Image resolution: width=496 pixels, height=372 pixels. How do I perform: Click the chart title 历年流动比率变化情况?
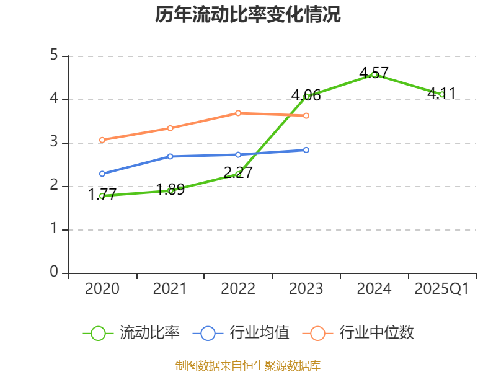click(248, 15)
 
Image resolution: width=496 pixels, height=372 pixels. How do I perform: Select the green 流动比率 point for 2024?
click(374, 74)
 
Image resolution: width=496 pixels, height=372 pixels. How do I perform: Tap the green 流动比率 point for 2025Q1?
click(441, 94)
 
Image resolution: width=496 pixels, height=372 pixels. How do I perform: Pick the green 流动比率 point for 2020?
click(102, 196)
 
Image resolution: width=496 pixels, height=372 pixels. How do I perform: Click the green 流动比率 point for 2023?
click(306, 96)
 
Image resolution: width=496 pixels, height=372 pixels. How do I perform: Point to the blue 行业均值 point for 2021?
click(170, 156)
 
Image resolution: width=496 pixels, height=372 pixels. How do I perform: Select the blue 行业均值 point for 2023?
click(306, 149)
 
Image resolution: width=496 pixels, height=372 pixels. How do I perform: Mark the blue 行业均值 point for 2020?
click(102, 174)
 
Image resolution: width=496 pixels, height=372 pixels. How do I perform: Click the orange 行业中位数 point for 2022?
click(238, 113)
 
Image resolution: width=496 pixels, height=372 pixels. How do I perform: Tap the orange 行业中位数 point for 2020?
click(102, 140)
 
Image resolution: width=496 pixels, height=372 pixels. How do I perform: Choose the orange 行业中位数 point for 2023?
click(306, 116)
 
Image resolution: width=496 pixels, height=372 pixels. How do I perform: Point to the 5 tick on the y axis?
click(54, 56)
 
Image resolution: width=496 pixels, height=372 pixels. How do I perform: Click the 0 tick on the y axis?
click(54, 273)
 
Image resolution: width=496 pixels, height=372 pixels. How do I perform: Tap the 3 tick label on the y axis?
click(54, 143)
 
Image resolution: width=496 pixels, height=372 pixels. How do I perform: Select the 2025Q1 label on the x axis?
click(441, 289)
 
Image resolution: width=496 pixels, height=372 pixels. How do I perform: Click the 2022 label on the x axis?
click(238, 289)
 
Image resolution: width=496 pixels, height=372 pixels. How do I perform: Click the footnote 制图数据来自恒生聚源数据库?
click(248, 365)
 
